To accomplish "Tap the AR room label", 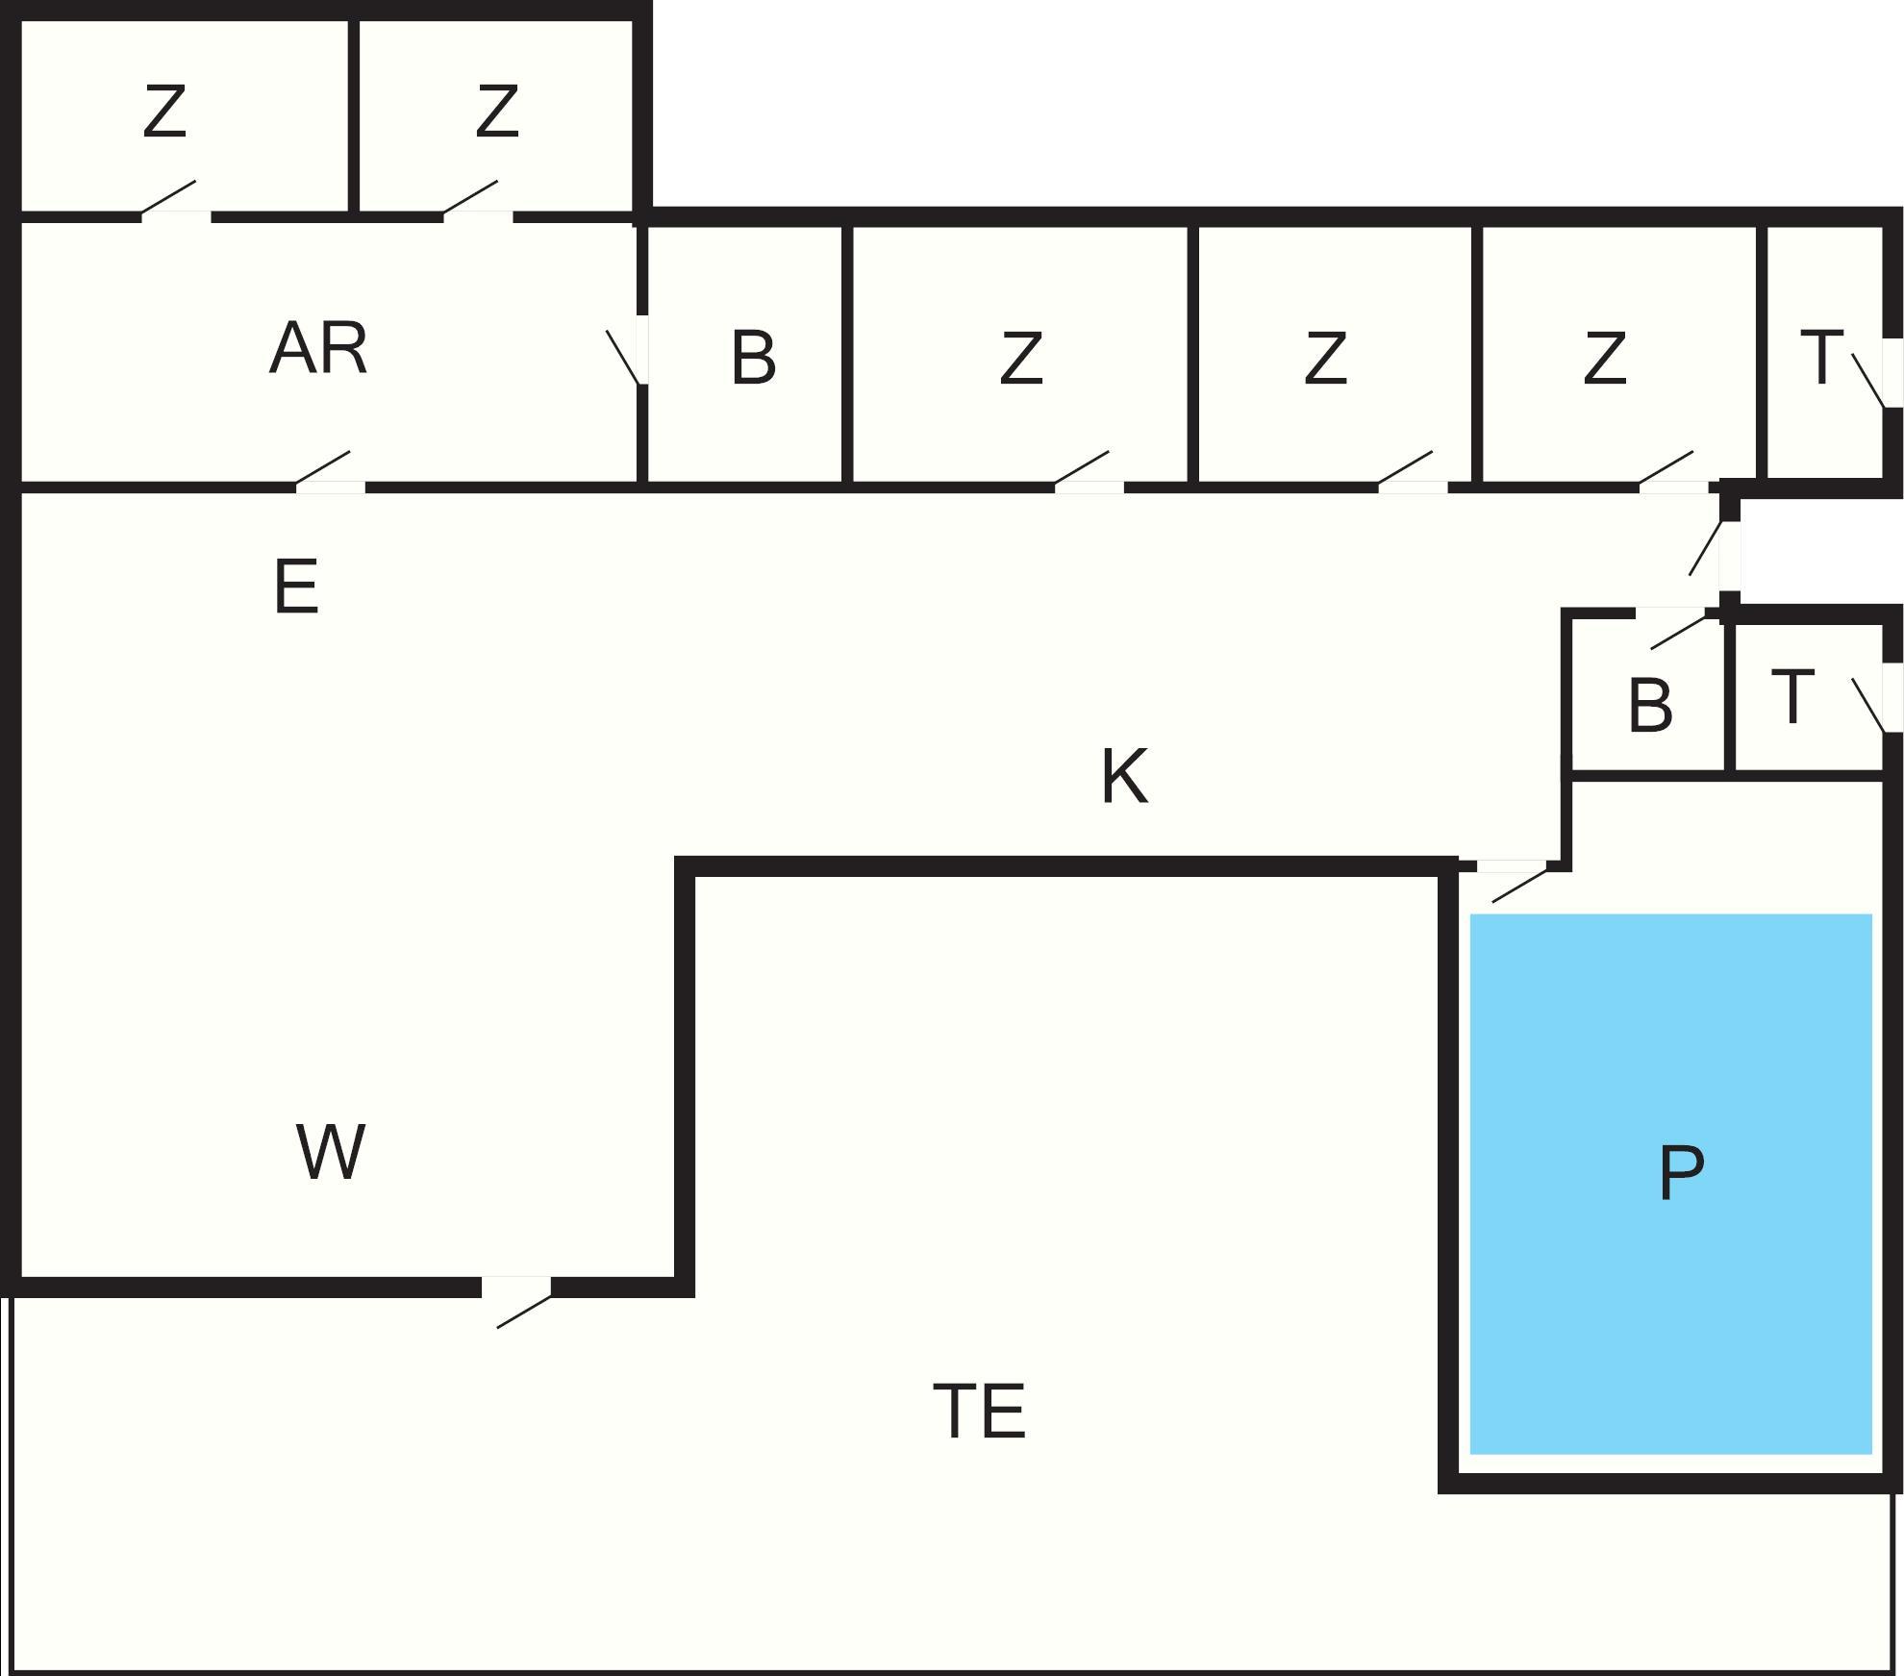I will click(318, 348).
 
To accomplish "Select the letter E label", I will click(296, 587).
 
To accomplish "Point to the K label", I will click(1123, 776).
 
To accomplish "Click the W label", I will click(330, 1152).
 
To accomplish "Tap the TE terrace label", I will click(980, 1412).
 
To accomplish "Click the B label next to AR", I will click(753, 359).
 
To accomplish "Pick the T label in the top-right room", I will click(1821, 358).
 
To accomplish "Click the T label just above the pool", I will click(1792, 698).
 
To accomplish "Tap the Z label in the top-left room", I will click(164, 113).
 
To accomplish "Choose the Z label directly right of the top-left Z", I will click(497, 112).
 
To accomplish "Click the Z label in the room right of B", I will click(1020, 359).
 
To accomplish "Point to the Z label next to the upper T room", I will click(1604, 359).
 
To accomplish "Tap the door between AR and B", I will click(641, 349).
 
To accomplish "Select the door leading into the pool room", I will click(1511, 866).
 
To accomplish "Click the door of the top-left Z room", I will click(176, 216).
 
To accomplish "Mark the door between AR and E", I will click(330, 488).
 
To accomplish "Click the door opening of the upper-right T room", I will click(1891, 373).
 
